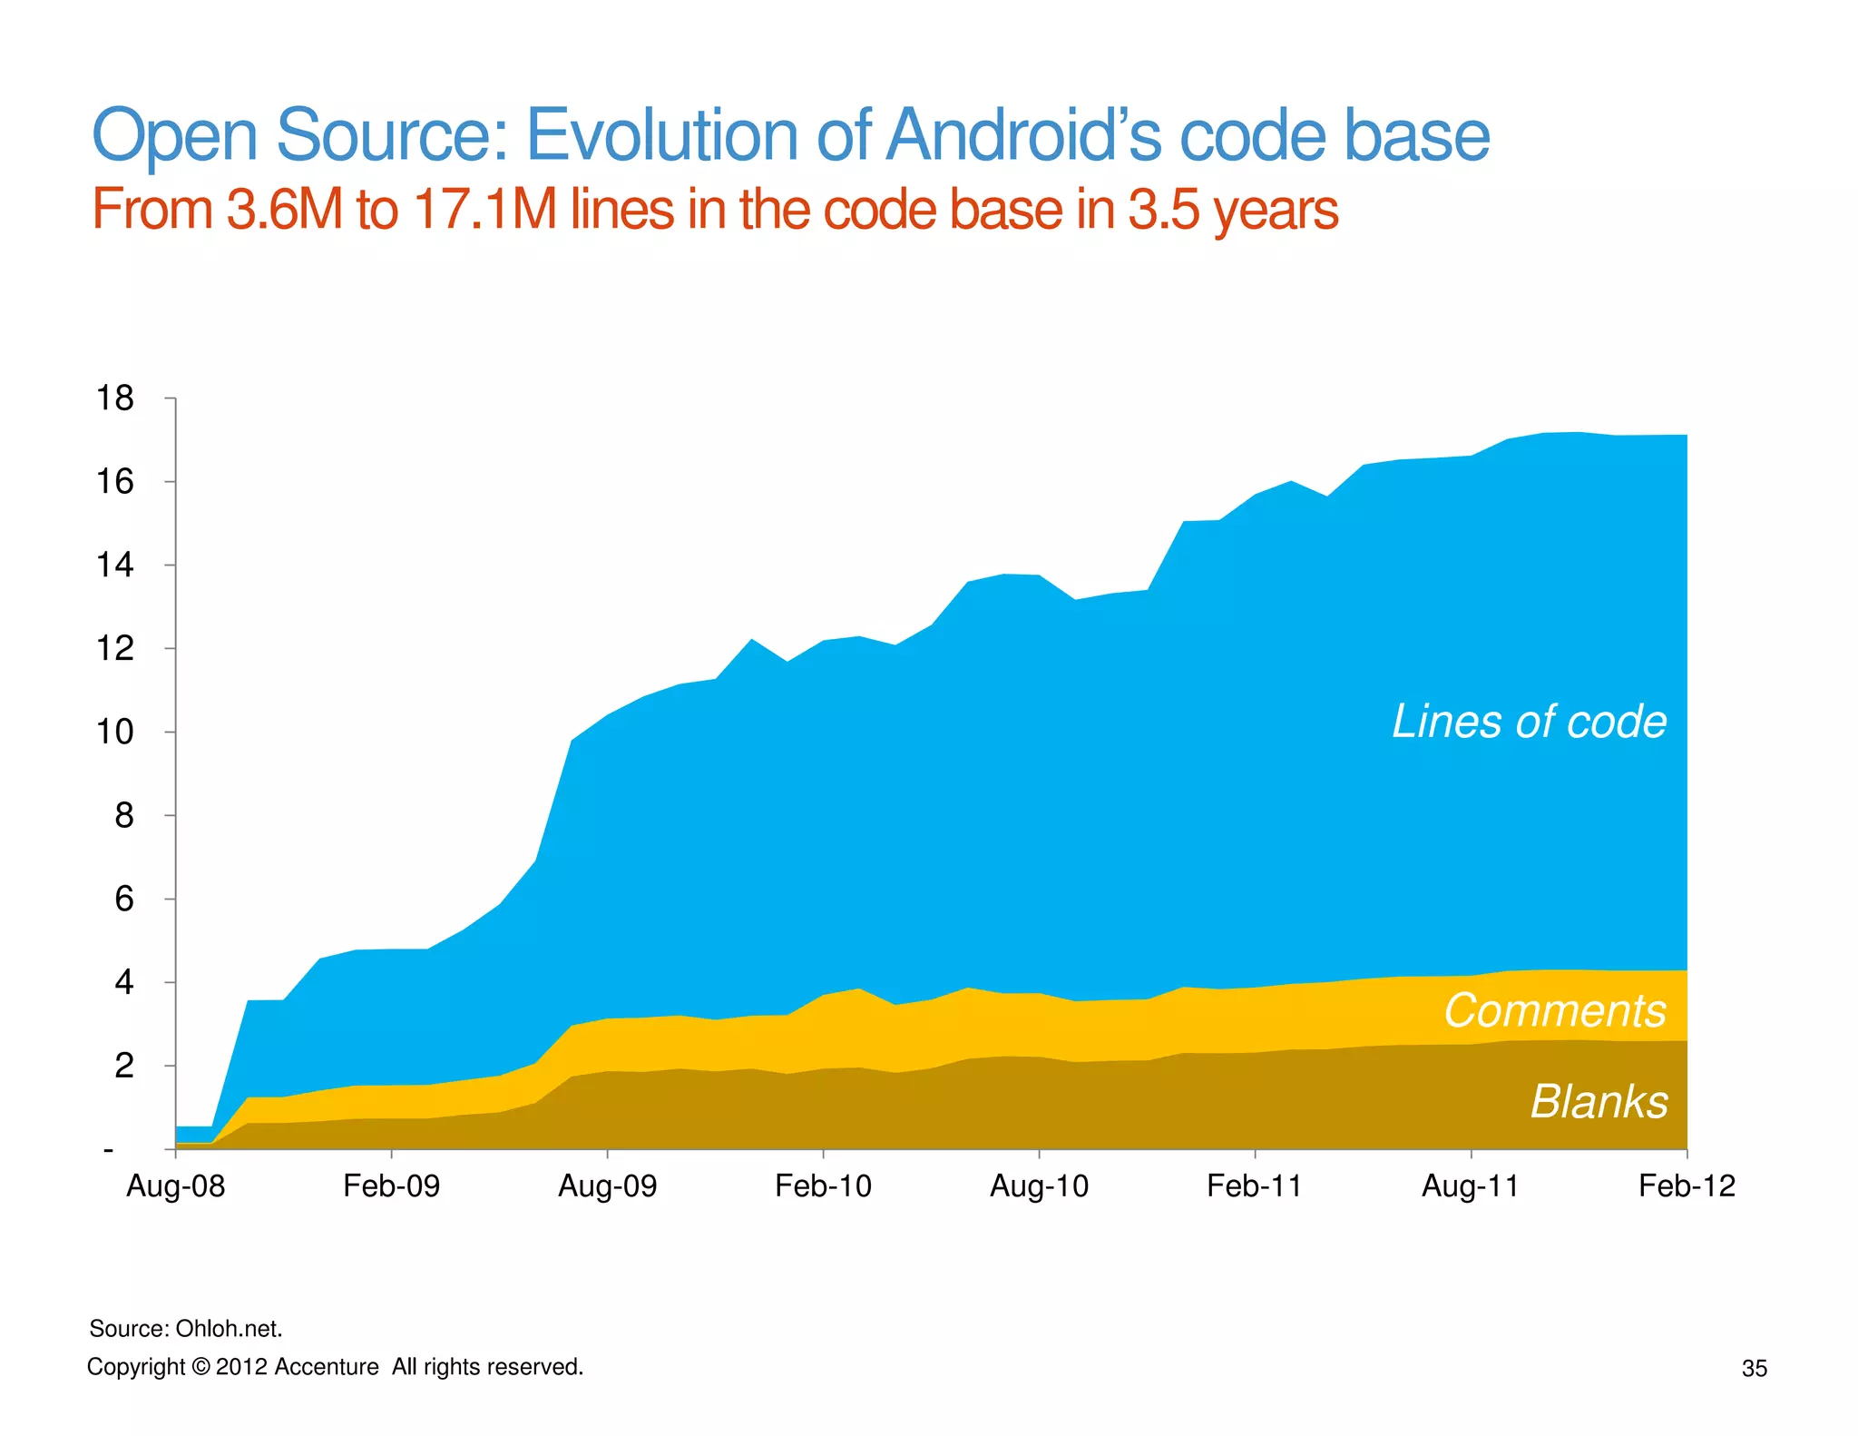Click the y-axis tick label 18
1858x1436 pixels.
click(115, 398)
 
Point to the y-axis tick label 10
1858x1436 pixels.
click(115, 732)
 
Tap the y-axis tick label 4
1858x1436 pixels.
click(124, 982)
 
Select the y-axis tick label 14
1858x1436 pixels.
click(115, 565)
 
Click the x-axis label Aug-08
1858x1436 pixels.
click(175, 1185)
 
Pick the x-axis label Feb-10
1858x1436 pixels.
click(823, 1185)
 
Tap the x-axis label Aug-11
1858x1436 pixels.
click(1470, 1185)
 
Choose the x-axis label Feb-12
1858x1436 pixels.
click(1686, 1185)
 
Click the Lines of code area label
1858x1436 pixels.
click(1529, 722)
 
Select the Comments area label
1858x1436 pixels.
click(1554, 1010)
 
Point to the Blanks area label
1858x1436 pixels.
click(1599, 1101)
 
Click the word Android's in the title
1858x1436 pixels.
click(1024, 135)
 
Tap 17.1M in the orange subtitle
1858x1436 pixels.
click(485, 210)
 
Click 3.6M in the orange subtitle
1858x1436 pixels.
click(284, 210)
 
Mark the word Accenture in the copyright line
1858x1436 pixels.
click(326, 1367)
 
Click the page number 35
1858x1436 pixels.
click(1754, 1369)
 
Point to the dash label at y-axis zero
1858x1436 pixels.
click(109, 1150)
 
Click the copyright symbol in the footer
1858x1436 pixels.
click(200, 1367)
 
